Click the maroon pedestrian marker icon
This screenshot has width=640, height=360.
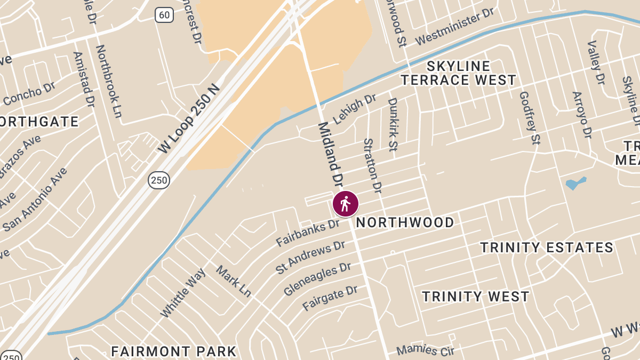click(346, 204)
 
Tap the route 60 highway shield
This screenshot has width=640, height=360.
click(164, 15)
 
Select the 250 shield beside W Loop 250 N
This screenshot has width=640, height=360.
click(159, 180)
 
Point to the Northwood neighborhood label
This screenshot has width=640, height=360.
click(405, 222)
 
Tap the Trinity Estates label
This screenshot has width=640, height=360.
click(547, 247)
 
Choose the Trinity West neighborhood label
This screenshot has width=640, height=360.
click(476, 297)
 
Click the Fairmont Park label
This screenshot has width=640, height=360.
click(173, 351)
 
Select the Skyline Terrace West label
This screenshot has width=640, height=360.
click(459, 73)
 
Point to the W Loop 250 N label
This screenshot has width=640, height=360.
click(189, 118)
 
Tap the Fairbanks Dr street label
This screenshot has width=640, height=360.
click(308, 233)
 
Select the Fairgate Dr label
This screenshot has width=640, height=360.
click(330, 298)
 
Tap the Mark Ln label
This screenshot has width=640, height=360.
click(234, 281)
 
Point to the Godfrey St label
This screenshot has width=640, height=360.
click(530, 117)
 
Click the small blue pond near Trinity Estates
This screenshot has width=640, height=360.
click(575, 183)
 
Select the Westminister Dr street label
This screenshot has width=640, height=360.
click(454, 27)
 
